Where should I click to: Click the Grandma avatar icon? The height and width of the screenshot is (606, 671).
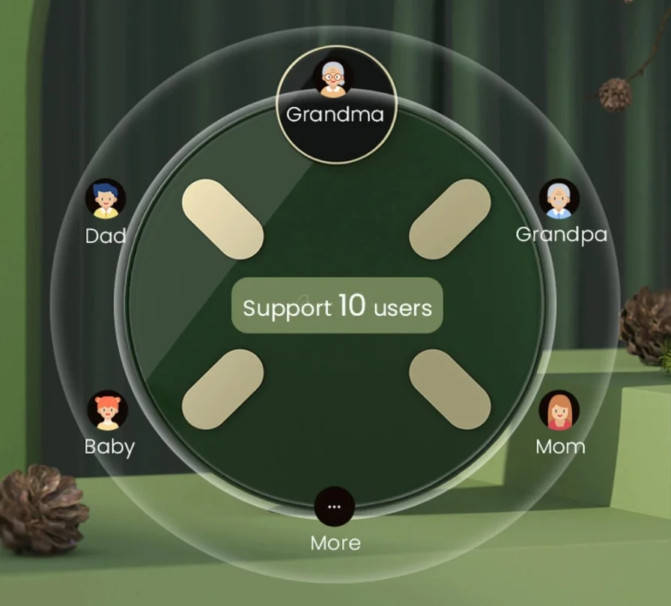[x=333, y=77]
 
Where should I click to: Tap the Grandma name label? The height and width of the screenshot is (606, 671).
[x=335, y=115]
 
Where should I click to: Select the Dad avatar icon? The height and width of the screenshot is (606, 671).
[x=106, y=199]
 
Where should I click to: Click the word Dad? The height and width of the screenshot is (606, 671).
[x=106, y=236]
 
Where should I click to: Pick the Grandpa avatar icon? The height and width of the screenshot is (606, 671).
[x=559, y=199]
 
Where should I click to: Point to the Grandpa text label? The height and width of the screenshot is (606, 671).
[x=562, y=235]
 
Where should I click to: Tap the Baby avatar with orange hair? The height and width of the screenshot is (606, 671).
[x=107, y=410]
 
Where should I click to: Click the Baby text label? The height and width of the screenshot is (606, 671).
[x=109, y=447]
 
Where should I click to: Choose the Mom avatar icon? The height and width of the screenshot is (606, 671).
[x=559, y=410]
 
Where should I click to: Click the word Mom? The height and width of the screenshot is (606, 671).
[x=560, y=446]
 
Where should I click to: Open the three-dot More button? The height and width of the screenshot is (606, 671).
[x=335, y=506]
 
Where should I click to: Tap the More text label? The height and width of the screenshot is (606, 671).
[x=335, y=543]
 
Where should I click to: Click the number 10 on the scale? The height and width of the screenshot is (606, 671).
[x=352, y=305]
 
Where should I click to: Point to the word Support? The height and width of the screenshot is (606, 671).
[x=287, y=309]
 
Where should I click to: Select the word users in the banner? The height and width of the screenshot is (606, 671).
[x=403, y=308]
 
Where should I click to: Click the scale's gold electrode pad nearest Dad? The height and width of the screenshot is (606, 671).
[x=222, y=219]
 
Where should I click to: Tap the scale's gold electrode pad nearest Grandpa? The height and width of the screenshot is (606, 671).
[x=450, y=219]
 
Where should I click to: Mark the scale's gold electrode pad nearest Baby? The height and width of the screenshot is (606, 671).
[x=222, y=390]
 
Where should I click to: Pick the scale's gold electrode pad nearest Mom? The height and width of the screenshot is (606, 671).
[x=450, y=390]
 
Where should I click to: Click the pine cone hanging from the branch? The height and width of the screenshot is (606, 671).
[x=615, y=94]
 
